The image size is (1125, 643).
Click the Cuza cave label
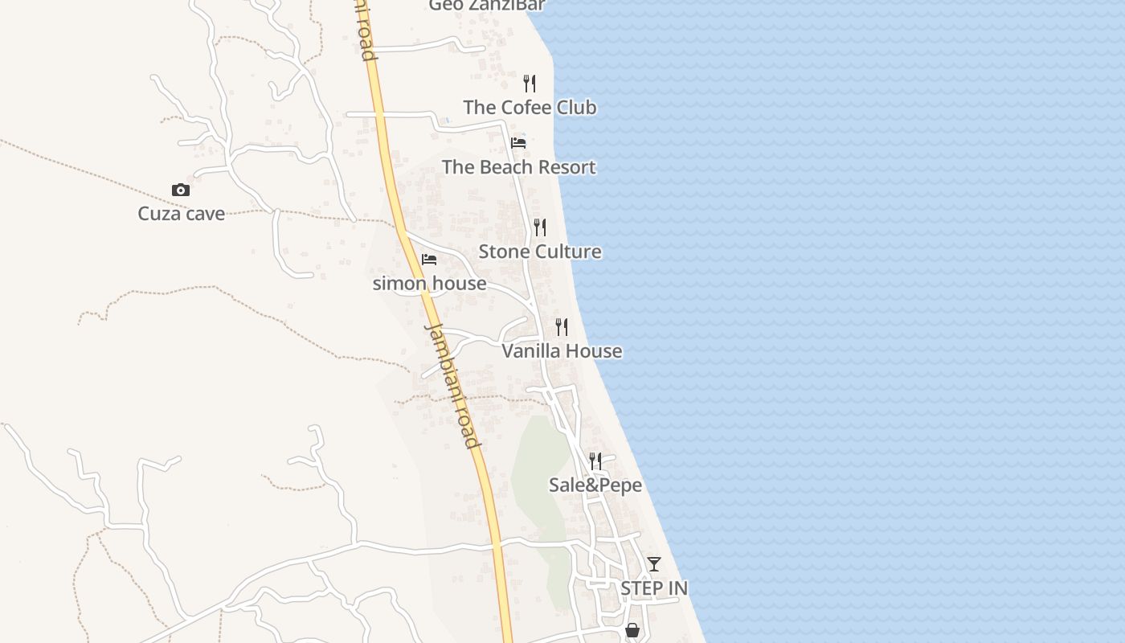coord(181,214)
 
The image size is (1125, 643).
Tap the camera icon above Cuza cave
coord(181,190)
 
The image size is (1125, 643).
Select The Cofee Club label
coord(530,107)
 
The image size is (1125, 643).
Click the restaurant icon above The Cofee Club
coord(530,83)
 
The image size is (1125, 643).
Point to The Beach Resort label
coord(518,167)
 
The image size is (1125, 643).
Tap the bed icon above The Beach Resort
coord(518,143)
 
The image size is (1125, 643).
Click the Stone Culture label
coord(540,252)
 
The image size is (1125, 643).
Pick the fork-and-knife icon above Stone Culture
coord(540,227)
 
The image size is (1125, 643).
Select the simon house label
coord(429,284)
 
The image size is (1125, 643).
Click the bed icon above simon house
coord(429,260)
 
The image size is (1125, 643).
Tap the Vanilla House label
coord(562,351)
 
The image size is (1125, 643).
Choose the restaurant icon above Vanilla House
coord(562,327)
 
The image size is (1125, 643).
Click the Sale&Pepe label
coord(595,485)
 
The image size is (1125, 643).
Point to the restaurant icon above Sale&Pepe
coord(595,461)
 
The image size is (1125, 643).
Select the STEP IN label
coord(654,588)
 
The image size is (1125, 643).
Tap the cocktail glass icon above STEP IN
coord(654,564)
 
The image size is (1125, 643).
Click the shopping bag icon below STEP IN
coord(632,631)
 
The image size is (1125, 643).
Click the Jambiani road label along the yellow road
coord(452,386)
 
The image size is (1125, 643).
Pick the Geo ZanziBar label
coord(487,6)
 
